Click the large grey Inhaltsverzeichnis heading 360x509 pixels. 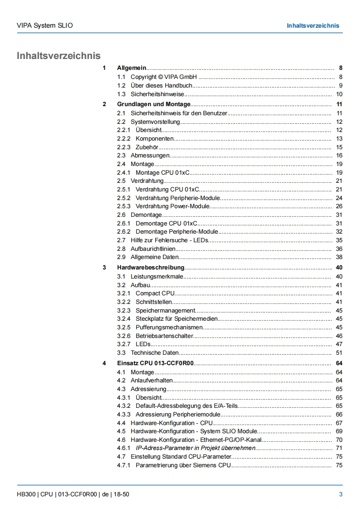click(59, 56)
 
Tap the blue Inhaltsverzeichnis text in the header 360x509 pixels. click(313, 25)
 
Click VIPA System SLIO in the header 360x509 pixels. click(44, 25)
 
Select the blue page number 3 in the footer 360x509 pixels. click(340, 494)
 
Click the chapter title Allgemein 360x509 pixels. click(132, 68)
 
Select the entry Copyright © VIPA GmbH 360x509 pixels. click(164, 77)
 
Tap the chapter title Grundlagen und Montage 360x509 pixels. click(154, 104)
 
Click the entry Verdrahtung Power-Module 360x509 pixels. click(173, 206)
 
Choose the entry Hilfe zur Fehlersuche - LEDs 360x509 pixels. click(169, 240)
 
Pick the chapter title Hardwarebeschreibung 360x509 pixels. click(151, 267)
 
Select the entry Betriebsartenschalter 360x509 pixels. click(164, 336)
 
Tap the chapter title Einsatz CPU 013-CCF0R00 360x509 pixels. click(156, 363)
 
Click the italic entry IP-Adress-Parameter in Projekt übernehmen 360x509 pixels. click(196, 448)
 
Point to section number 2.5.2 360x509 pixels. click(123, 198)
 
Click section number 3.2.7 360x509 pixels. click(123, 344)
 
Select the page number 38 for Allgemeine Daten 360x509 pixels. click(339, 257)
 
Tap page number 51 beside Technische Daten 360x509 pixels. click(339, 352)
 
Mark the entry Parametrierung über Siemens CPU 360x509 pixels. click(183, 465)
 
